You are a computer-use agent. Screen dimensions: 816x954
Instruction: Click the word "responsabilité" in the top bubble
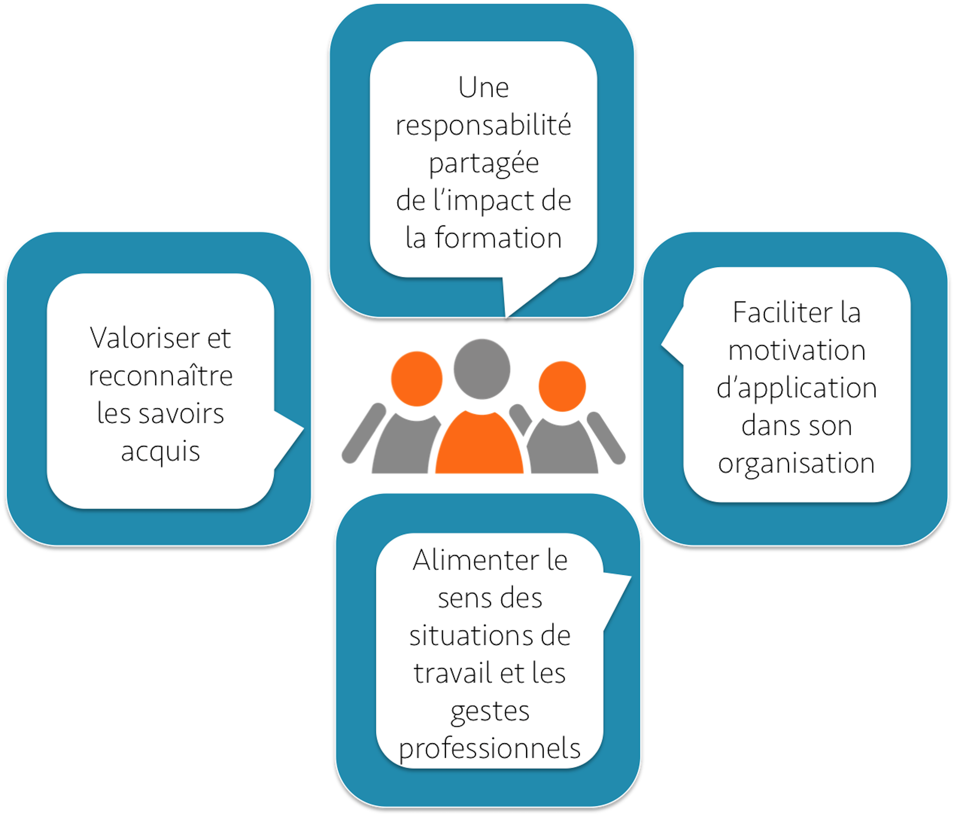[x=483, y=125]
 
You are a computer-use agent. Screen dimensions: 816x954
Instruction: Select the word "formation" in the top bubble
[x=499, y=238]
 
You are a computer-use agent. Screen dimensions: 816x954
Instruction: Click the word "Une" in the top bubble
[x=483, y=88]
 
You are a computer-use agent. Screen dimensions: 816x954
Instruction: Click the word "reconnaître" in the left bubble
[x=161, y=376]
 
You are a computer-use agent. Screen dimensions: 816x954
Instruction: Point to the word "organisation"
[x=796, y=464]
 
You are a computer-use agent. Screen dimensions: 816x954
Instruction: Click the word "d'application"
[x=796, y=389]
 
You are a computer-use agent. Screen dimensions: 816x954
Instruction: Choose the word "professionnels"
[x=489, y=749]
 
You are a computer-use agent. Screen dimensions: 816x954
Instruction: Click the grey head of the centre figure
[x=482, y=369]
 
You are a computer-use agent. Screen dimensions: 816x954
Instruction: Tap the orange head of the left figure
[x=417, y=379]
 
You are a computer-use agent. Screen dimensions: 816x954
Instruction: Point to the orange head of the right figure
[x=562, y=386]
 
